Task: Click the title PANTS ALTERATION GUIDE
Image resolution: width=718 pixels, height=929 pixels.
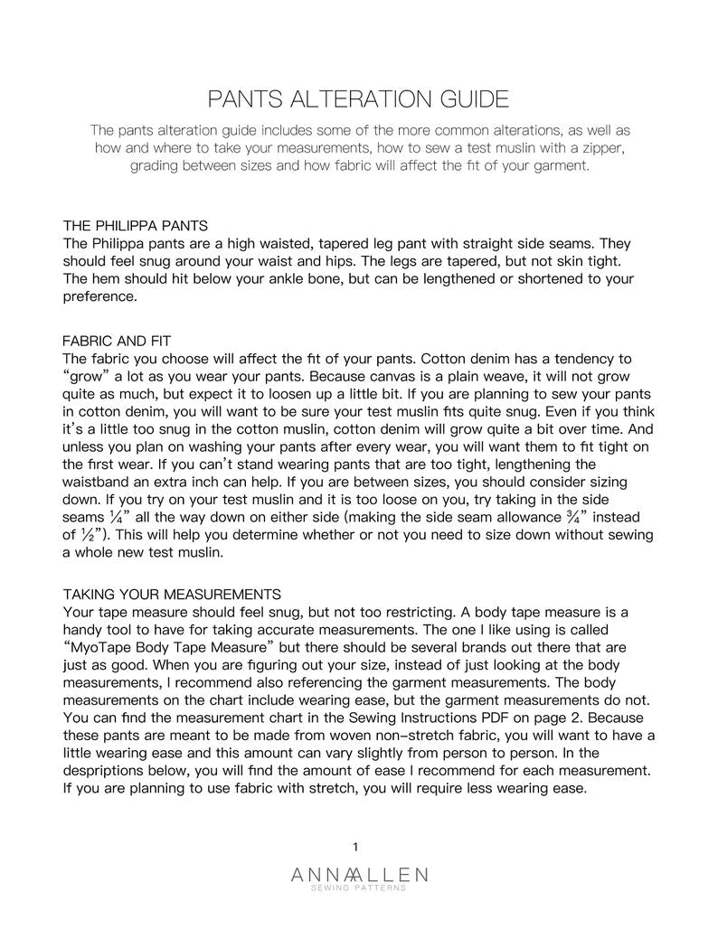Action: point(358,98)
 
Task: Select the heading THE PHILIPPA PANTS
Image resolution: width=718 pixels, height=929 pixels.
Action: point(137,225)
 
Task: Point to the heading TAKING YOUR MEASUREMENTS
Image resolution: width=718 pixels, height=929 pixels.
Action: point(172,594)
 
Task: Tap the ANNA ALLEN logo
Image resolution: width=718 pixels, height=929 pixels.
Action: point(360,874)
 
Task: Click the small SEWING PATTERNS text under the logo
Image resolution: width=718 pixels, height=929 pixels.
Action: point(360,888)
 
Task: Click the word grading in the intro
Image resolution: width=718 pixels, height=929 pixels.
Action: point(156,166)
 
